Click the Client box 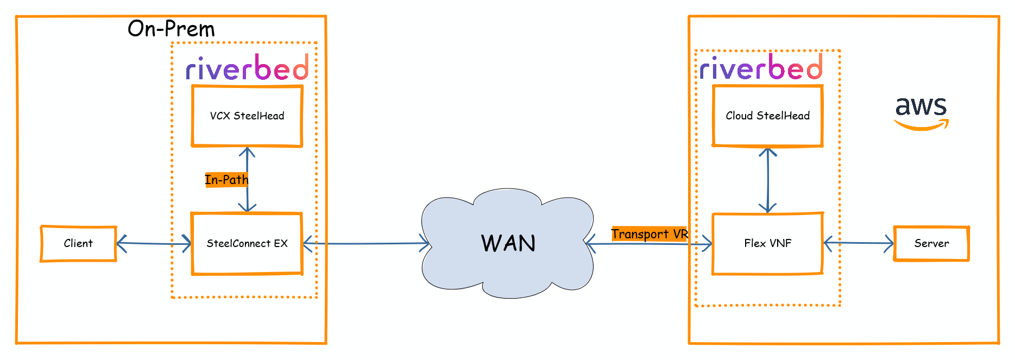pos(78,243)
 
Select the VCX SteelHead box pos(247,116)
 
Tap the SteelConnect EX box pos(247,243)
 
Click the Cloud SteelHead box pos(767,116)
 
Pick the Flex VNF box pos(767,243)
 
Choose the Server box pos(931,243)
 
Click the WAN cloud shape pos(508,243)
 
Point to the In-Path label pos(226,180)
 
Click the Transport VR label pos(649,234)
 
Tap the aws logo pos(921,112)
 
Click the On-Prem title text pos(171,29)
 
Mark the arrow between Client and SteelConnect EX pos(154,244)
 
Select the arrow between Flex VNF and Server pos(858,243)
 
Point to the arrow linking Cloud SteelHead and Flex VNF pos(767,180)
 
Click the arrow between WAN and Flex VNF pos(649,244)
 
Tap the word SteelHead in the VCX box pos(259,116)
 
